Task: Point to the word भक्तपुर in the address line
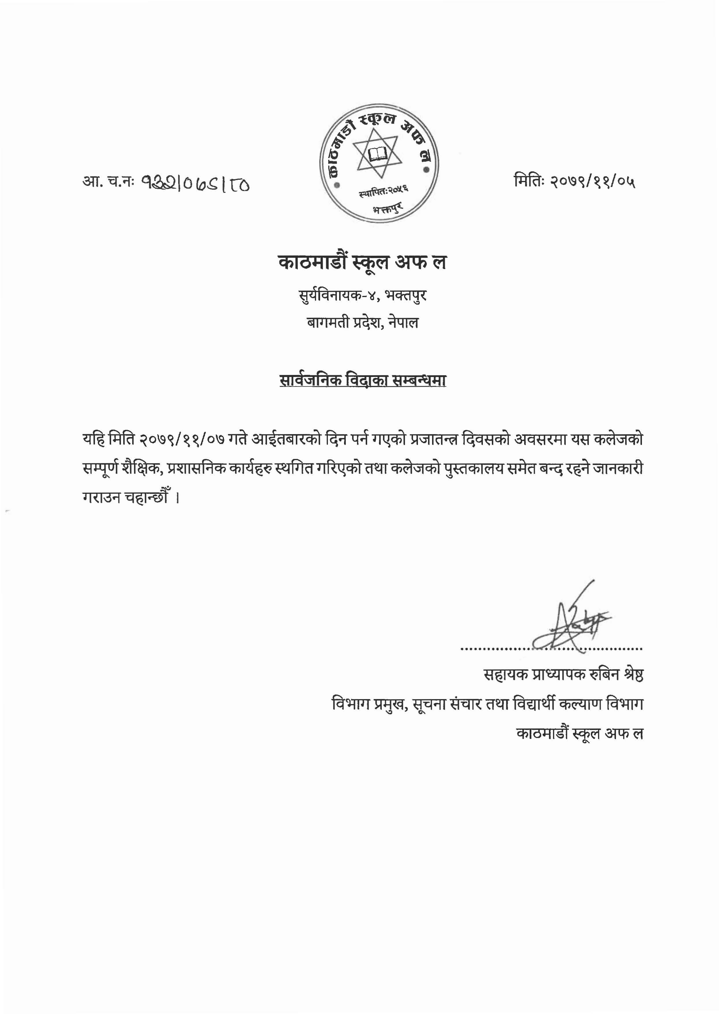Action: click(406, 295)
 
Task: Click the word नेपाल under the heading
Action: click(403, 322)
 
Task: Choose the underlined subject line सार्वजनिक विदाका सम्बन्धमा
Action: click(362, 380)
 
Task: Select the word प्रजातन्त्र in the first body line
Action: click(434, 439)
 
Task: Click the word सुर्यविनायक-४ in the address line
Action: click(337, 295)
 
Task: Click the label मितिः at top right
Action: click(528, 181)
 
